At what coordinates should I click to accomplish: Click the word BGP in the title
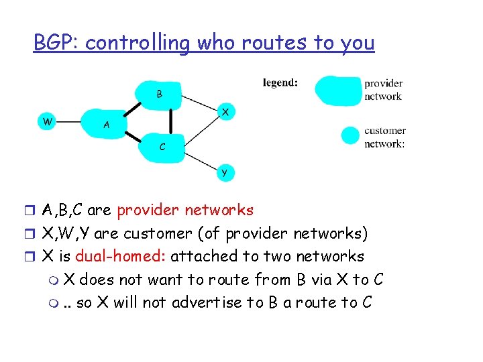[x=56, y=43]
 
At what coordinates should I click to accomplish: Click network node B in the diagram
[x=159, y=94]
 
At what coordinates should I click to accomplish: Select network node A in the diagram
[x=107, y=124]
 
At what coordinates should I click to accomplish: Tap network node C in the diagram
[x=163, y=146]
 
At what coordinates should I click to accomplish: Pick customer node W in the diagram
[x=46, y=121]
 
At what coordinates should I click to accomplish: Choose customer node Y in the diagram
[x=225, y=173]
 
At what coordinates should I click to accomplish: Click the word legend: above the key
[x=280, y=83]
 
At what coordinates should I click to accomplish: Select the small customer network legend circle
[x=350, y=136]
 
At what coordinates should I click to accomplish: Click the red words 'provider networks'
[x=185, y=210]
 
